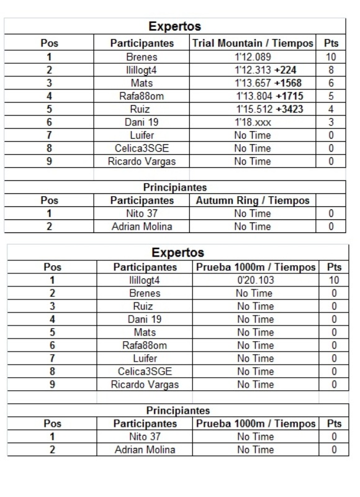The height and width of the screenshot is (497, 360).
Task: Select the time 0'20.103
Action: [254, 280]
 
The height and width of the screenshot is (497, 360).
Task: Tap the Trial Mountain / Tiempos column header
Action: [253, 43]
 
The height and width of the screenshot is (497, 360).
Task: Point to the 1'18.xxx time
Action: [253, 122]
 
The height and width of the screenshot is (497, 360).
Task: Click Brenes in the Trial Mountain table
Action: [142, 57]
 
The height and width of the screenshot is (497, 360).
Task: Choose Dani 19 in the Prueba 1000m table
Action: [145, 319]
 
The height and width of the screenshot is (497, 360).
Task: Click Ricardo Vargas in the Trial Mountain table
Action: [142, 162]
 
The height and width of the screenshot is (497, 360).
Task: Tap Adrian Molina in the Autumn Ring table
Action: [142, 227]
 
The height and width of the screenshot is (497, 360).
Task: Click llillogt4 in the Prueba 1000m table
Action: [145, 280]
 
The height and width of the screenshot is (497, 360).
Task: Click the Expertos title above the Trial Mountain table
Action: [175, 27]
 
